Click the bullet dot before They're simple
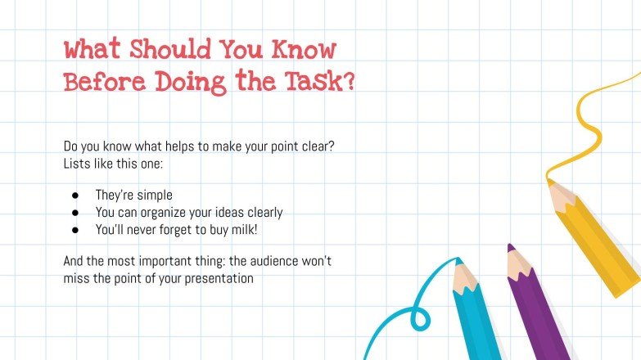click(75, 196)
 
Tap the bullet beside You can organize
click(75, 213)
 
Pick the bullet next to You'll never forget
click(75, 230)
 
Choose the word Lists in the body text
click(79, 163)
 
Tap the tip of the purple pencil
click(511, 246)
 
